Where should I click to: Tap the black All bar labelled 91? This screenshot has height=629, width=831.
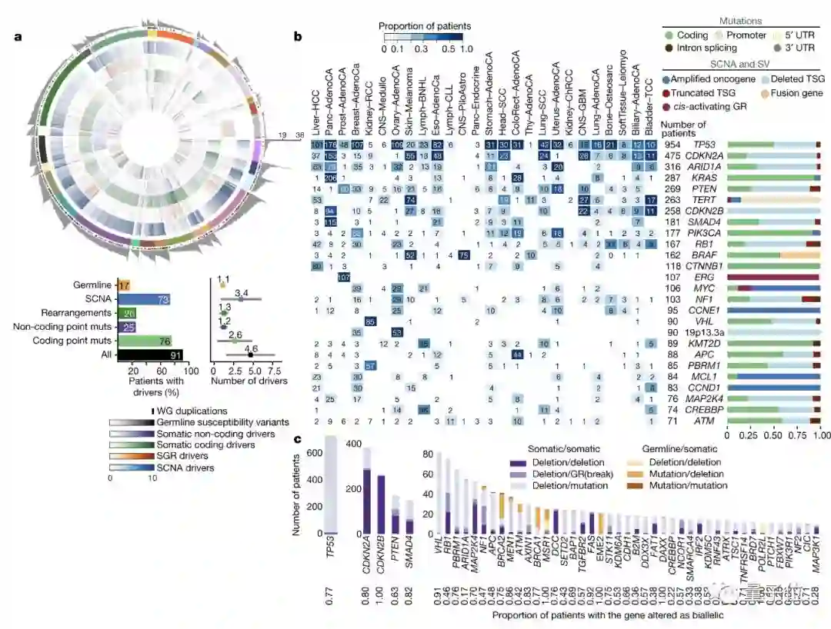pyautogui.click(x=150, y=354)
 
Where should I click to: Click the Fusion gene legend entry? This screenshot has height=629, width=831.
pyautogui.click(x=786, y=92)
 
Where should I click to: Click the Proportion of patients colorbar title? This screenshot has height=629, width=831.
pyautogui.click(x=425, y=26)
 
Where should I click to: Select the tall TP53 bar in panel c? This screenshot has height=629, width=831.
pyautogui.click(x=332, y=484)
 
